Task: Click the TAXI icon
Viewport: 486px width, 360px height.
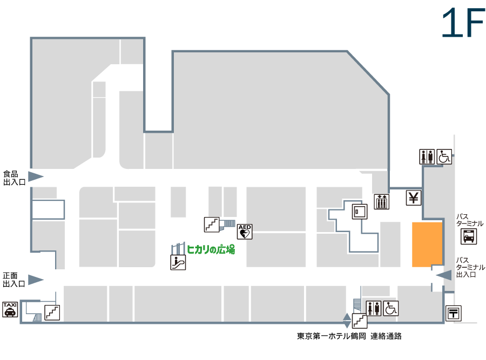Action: [x=10, y=309]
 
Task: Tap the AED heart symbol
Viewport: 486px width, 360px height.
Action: [x=245, y=232]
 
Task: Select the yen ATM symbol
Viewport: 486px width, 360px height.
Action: [x=414, y=198]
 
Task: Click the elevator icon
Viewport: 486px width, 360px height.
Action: [x=382, y=201]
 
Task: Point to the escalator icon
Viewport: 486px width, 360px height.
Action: [x=178, y=262]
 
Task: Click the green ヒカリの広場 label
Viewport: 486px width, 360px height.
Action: [x=211, y=249]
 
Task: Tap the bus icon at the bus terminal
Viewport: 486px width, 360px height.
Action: [x=468, y=236]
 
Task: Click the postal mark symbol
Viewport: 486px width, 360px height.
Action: [x=454, y=313]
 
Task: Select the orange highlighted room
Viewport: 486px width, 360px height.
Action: [x=427, y=244]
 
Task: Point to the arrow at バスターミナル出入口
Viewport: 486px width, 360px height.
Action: [x=444, y=275]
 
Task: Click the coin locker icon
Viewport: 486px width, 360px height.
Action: [x=360, y=212]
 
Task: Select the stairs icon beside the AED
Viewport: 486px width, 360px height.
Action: [x=212, y=225]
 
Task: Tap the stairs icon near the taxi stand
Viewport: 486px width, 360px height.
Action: [x=52, y=313]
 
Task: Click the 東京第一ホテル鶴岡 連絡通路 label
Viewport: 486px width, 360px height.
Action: [x=349, y=336]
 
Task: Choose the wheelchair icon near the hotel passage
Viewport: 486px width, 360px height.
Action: [x=390, y=308]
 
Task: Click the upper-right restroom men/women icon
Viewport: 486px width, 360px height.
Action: [x=427, y=157]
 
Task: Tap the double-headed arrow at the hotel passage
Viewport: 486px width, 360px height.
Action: [x=347, y=321]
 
